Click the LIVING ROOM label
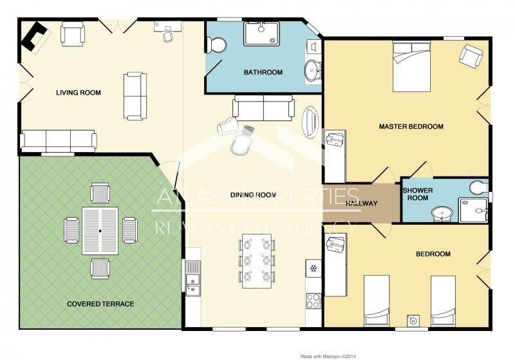78,93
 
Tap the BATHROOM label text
263,72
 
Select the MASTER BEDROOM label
411,126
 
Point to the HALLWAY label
361,204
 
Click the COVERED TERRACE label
100,304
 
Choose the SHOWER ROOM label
418,194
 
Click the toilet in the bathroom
216,45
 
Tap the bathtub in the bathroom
261,33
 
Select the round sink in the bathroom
312,70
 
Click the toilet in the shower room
478,187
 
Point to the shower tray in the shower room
473,209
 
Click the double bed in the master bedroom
411,67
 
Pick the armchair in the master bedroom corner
471,56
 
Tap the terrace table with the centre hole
100,231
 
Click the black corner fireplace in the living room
34,35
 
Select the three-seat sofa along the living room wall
59,141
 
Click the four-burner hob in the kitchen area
314,300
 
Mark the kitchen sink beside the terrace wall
192,278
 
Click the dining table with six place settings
257,261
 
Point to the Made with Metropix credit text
328,356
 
